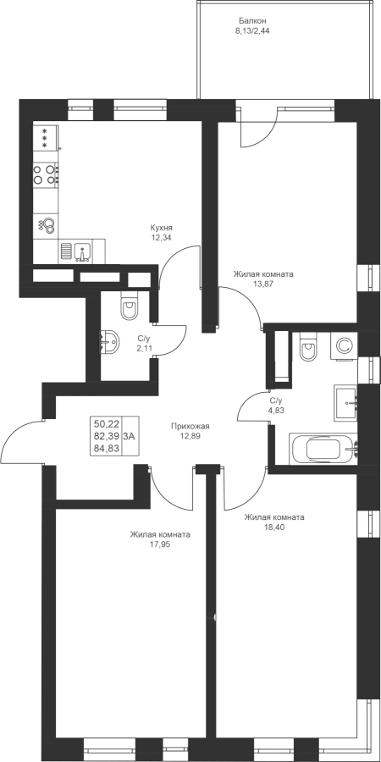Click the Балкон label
pos(252,20)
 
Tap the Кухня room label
pos(162,228)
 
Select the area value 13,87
pos(263,284)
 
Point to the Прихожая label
pos(190,426)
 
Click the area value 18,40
pos(274,527)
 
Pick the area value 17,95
pos(160,544)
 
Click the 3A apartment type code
pos(129,436)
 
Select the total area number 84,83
pos(107,448)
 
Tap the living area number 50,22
pos(107,424)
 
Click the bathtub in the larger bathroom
pos(323,449)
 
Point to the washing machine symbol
pos(344,346)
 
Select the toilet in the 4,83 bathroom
pos(308,346)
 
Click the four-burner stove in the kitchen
pos(45,174)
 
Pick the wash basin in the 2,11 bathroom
pos(109,342)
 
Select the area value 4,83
pos(275,410)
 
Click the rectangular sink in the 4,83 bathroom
pos(345,403)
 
